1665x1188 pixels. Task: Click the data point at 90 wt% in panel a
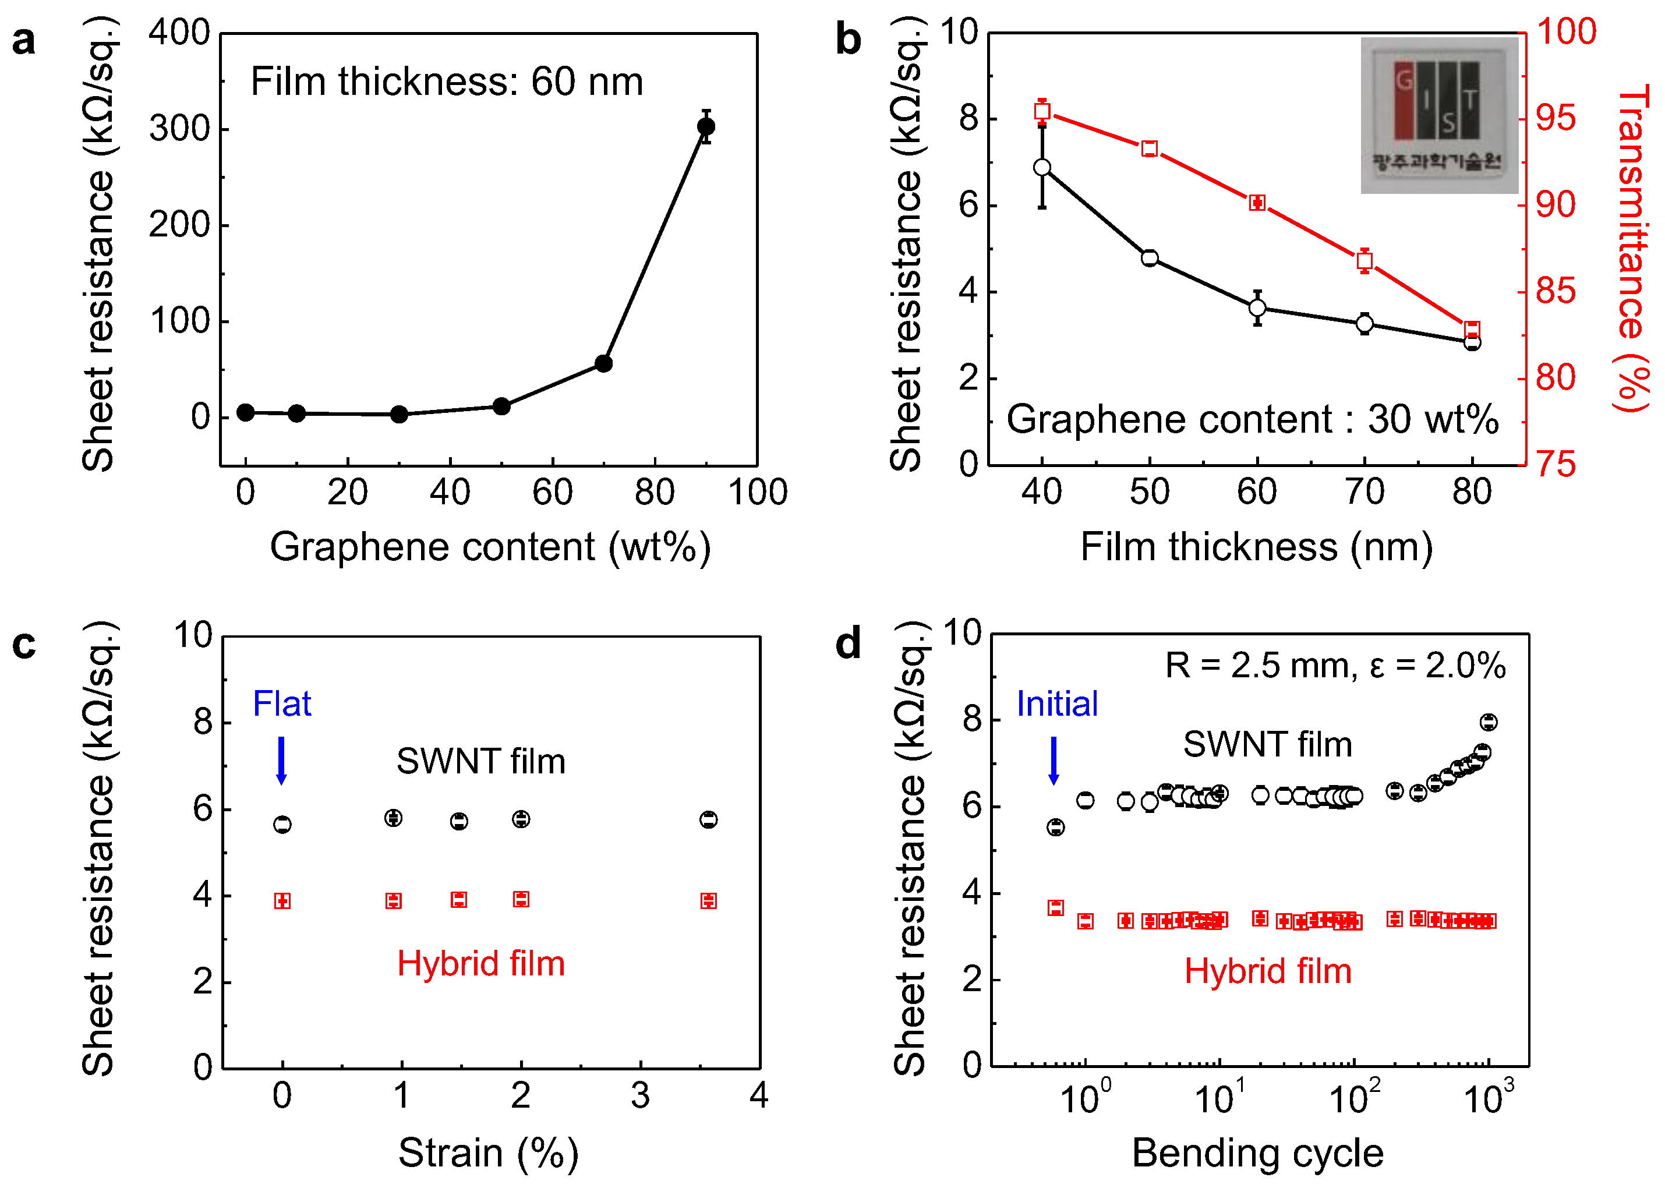tap(705, 126)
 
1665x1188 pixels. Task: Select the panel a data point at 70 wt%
tap(603, 363)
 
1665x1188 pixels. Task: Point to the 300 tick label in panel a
tap(179, 129)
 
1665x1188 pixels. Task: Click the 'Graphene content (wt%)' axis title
tap(490, 547)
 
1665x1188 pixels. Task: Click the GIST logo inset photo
tap(1438, 115)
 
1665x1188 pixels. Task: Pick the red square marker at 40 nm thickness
tap(1042, 111)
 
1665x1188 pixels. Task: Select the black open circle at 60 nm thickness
tap(1257, 308)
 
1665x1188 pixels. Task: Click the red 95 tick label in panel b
tap(1556, 118)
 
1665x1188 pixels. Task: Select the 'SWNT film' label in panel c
tap(480, 762)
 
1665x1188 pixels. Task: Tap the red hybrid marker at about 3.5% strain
tap(708, 900)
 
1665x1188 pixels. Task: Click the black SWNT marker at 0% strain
tap(282, 825)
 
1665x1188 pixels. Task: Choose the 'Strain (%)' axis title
tap(488, 1154)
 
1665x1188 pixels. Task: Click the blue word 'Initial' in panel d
tap(1056, 703)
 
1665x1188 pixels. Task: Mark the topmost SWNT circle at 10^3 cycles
tap(1488, 722)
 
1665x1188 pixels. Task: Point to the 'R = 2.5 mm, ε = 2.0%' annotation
tap(1334, 666)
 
